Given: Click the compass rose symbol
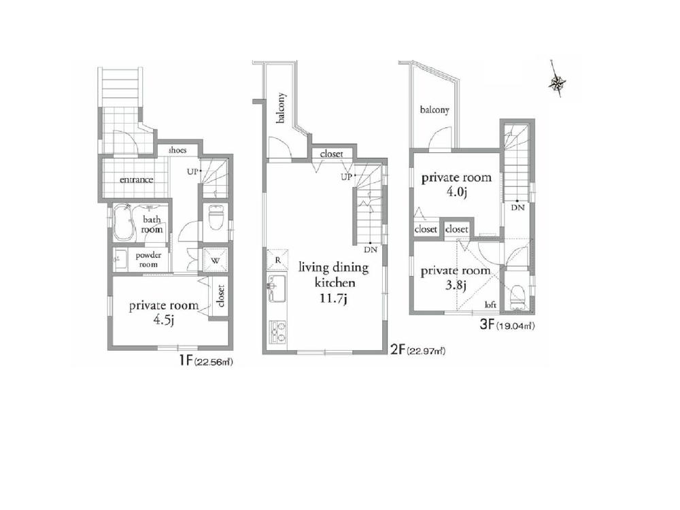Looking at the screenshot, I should [558, 83].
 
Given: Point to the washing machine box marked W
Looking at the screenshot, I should [215, 260].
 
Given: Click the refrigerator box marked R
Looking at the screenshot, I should [277, 260].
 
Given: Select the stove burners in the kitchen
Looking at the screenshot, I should [277, 332].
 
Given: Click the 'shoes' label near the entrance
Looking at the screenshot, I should [178, 150].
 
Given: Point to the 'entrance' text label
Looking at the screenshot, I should [136, 180].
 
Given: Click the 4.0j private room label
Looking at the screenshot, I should [455, 184].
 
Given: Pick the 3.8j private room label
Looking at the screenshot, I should [454, 277].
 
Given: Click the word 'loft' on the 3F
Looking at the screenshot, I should [490, 305].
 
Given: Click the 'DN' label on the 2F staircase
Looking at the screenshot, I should [369, 250].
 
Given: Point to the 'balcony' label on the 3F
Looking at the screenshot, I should [434, 110].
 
